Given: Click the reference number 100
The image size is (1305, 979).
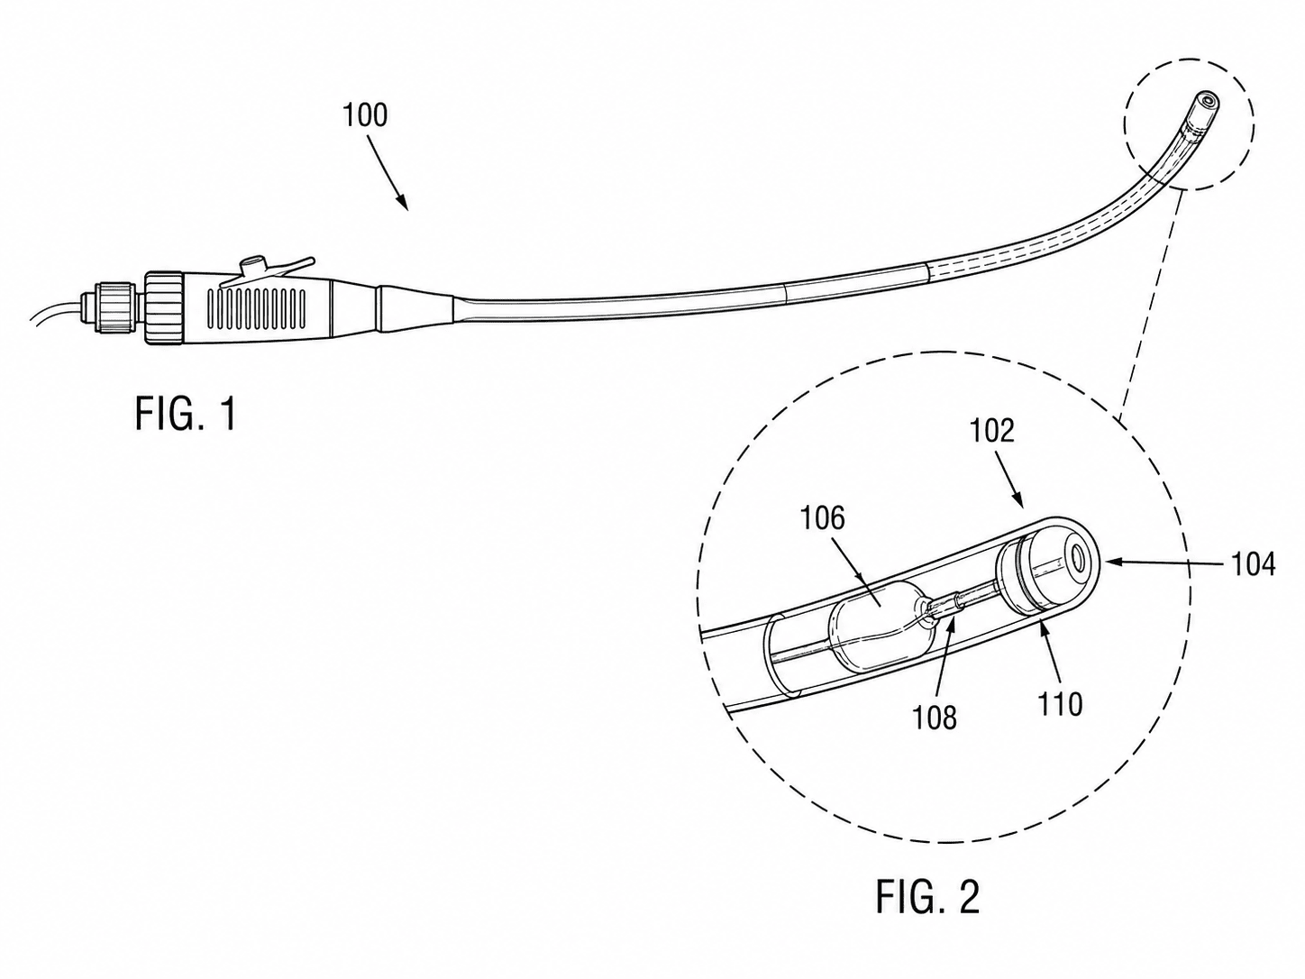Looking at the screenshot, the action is pyautogui.click(x=365, y=115).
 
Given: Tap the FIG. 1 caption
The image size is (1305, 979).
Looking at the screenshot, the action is pyautogui.click(x=186, y=415).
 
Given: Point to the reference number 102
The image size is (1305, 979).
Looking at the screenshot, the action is pyautogui.click(x=992, y=431).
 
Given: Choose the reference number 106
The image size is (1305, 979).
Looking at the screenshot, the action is pyautogui.click(x=823, y=519).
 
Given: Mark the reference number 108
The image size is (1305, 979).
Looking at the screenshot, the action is pyautogui.click(x=935, y=718).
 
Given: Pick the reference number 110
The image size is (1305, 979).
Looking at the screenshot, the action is pyautogui.click(x=1061, y=705).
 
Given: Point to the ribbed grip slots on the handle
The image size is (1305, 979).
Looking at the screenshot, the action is pyautogui.click(x=257, y=308).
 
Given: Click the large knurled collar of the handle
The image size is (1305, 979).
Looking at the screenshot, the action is pyautogui.click(x=163, y=307).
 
